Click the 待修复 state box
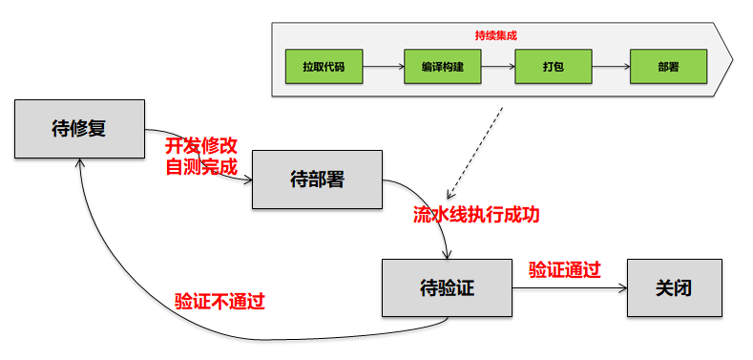click(x=77, y=127)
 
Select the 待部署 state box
click(x=316, y=179)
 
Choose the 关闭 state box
click(x=674, y=286)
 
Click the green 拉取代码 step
click(x=324, y=67)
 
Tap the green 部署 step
click(x=668, y=67)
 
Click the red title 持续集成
click(x=495, y=34)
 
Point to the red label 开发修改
click(x=200, y=146)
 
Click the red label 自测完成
click(x=200, y=167)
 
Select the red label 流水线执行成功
click(x=475, y=215)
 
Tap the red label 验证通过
click(x=565, y=269)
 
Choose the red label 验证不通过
click(x=220, y=301)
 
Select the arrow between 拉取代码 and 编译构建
click(x=384, y=67)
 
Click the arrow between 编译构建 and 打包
click(x=498, y=67)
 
